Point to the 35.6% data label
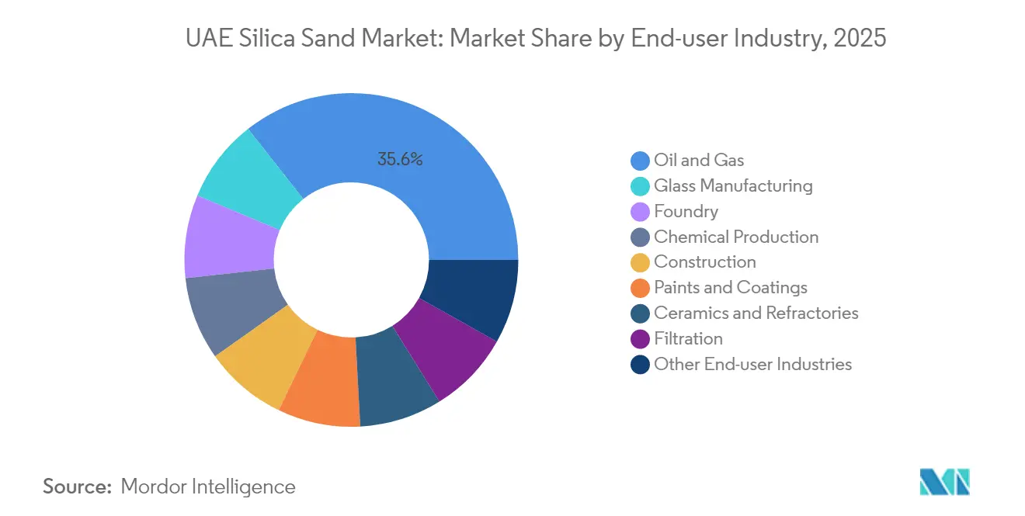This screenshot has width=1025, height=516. click(x=400, y=160)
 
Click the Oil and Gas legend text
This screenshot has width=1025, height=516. click(x=699, y=161)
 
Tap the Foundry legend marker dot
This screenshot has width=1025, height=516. click(x=640, y=212)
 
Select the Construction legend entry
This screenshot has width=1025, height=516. click(x=704, y=262)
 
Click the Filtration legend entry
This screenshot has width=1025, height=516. click(x=688, y=339)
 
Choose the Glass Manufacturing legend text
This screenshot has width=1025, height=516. click(x=733, y=186)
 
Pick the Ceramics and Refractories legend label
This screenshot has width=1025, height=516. click(x=756, y=313)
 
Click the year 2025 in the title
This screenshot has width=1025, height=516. click(x=860, y=37)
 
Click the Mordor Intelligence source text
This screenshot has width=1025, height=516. click(x=208, y=487)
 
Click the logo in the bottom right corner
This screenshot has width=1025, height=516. click(x=944, y=482)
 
